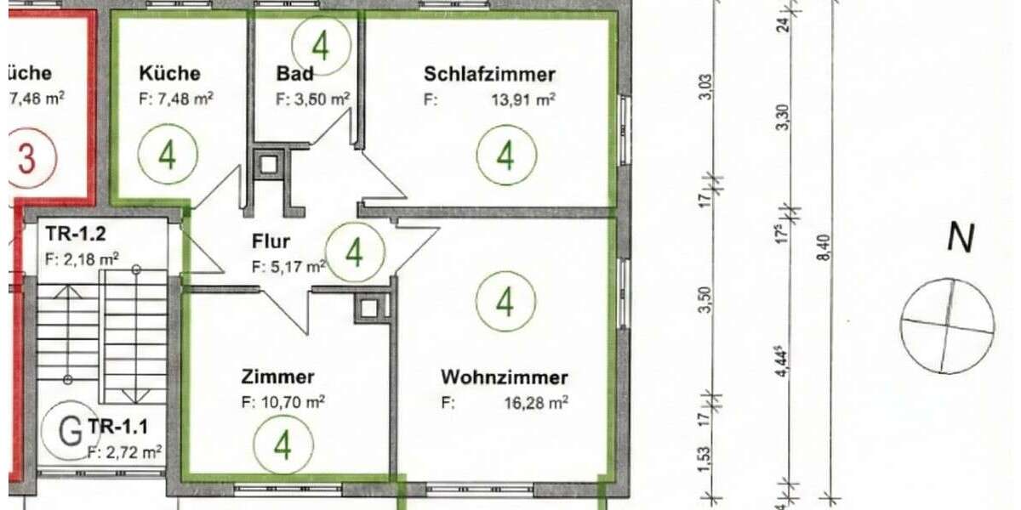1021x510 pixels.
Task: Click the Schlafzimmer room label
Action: pyautogui.click(x=489, y=74)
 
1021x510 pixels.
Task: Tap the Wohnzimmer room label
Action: pyautogui.click(x=504, y=377)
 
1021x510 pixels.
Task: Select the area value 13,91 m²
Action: pyautogui.click(x=522, y=99)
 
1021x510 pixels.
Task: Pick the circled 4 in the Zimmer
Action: pyautogui.click(x=283, y=445)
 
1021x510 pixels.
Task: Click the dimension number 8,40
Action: pyautogui.click(x=822, y=248)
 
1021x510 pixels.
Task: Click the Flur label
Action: pyautogui.click(x=271, y=241)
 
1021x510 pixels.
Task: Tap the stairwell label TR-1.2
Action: pyautogui.click(x=76, y=231)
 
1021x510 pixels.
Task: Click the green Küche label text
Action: pyautogui.click(x=170, y=73)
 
